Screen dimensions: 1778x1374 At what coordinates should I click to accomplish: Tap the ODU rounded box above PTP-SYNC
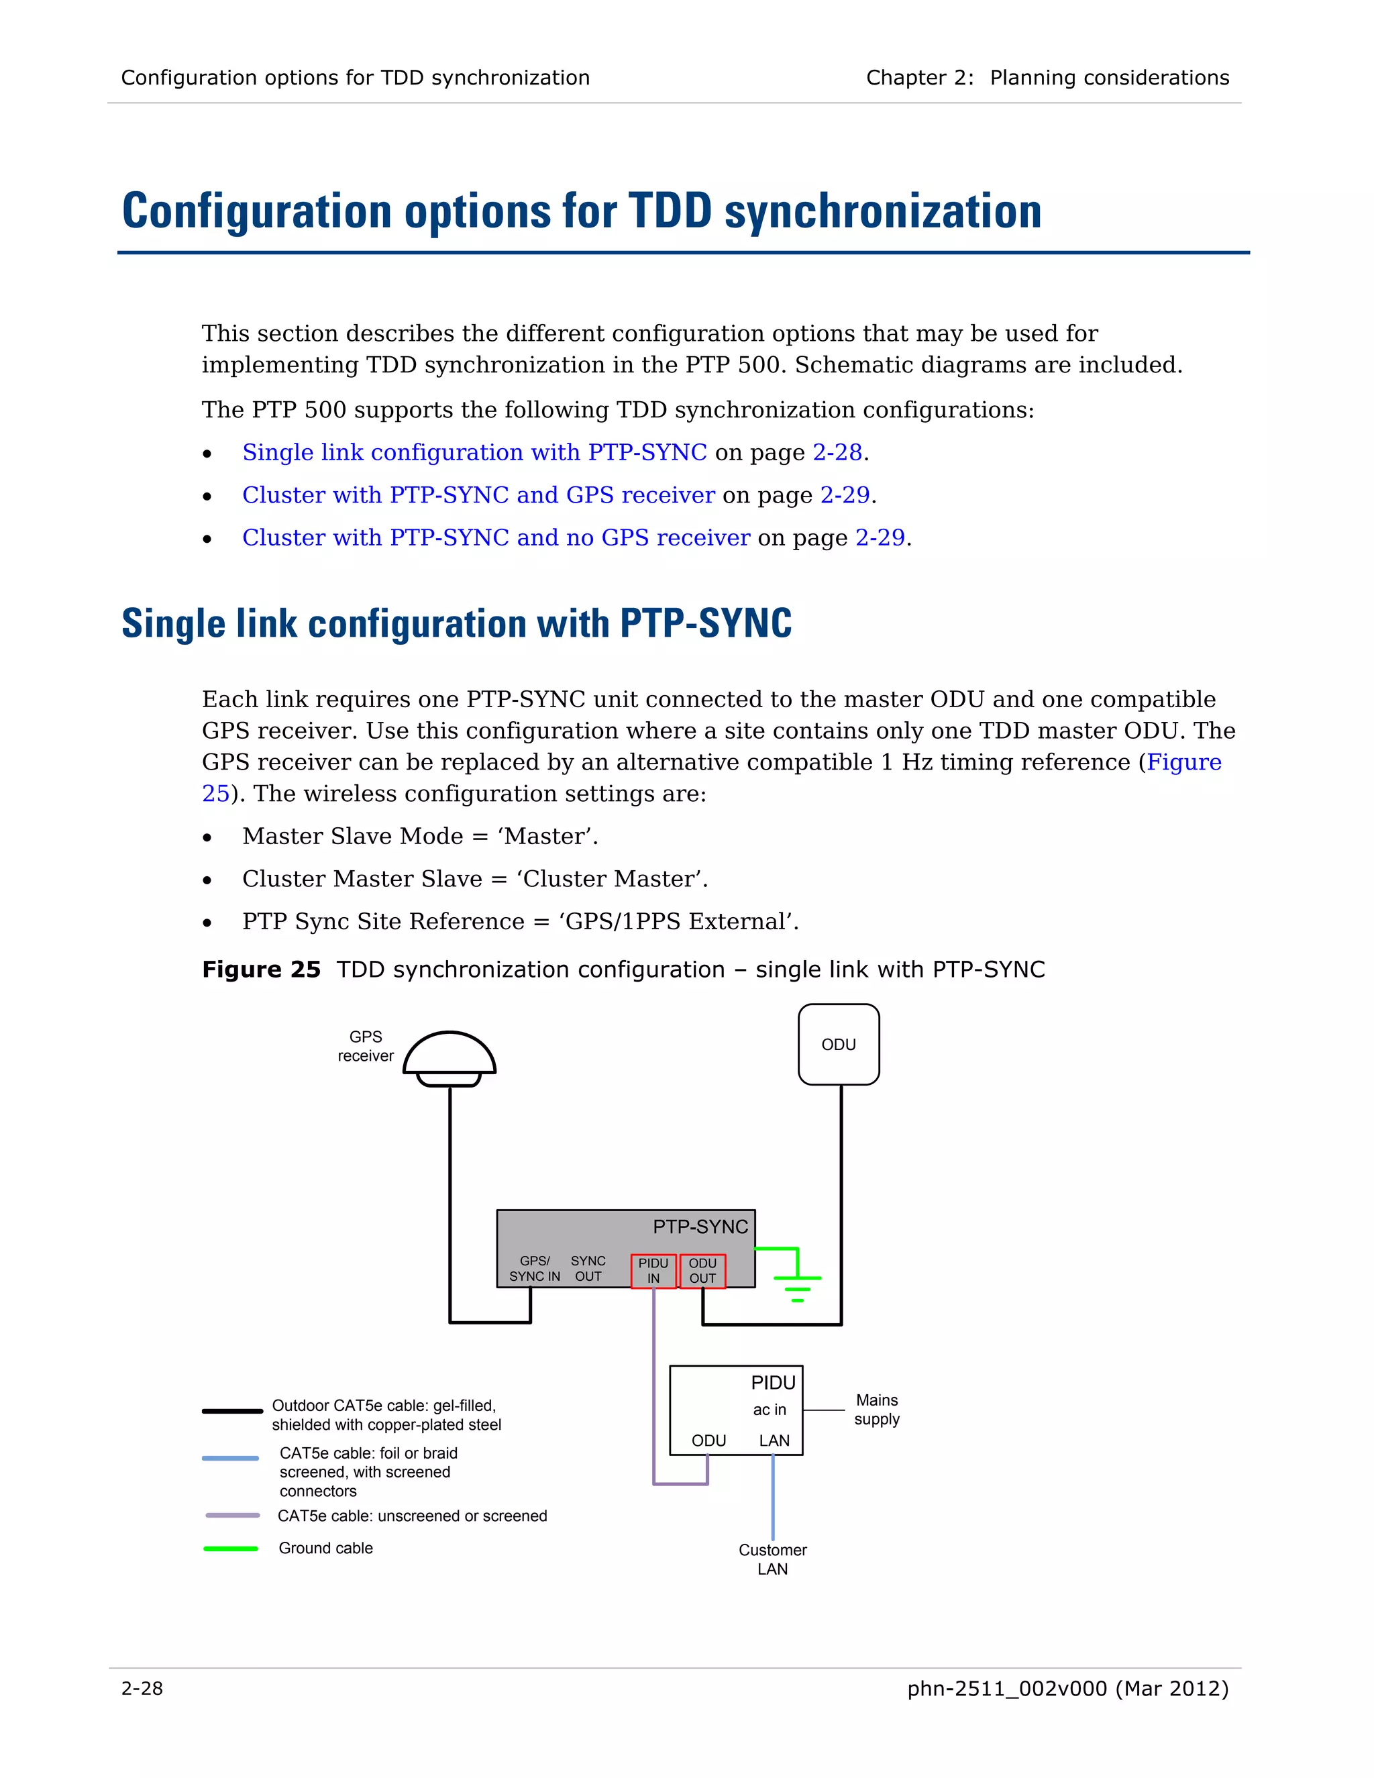839,1045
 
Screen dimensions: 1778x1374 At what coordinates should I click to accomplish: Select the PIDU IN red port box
653,1271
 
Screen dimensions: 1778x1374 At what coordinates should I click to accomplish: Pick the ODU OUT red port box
702,1271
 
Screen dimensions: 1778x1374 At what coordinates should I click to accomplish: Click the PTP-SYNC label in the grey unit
700,1227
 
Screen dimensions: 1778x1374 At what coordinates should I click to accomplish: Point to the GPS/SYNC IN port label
535,1268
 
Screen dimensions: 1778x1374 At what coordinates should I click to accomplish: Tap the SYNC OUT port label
588,1268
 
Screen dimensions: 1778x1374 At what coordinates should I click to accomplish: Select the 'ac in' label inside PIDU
770,1409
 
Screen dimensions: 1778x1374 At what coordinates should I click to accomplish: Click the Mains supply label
877,1409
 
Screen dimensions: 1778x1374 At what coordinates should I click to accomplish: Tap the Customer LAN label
772,1559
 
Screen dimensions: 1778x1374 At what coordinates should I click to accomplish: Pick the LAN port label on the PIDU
774,1440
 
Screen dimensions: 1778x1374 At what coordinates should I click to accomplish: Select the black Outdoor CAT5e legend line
232,1411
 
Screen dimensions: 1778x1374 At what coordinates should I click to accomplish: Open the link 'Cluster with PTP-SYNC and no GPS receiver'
496,537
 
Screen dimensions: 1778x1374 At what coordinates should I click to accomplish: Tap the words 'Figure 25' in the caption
261,969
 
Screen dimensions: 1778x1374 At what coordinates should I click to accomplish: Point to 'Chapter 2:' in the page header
919,77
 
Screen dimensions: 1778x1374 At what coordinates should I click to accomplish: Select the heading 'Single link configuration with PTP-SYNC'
457,623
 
